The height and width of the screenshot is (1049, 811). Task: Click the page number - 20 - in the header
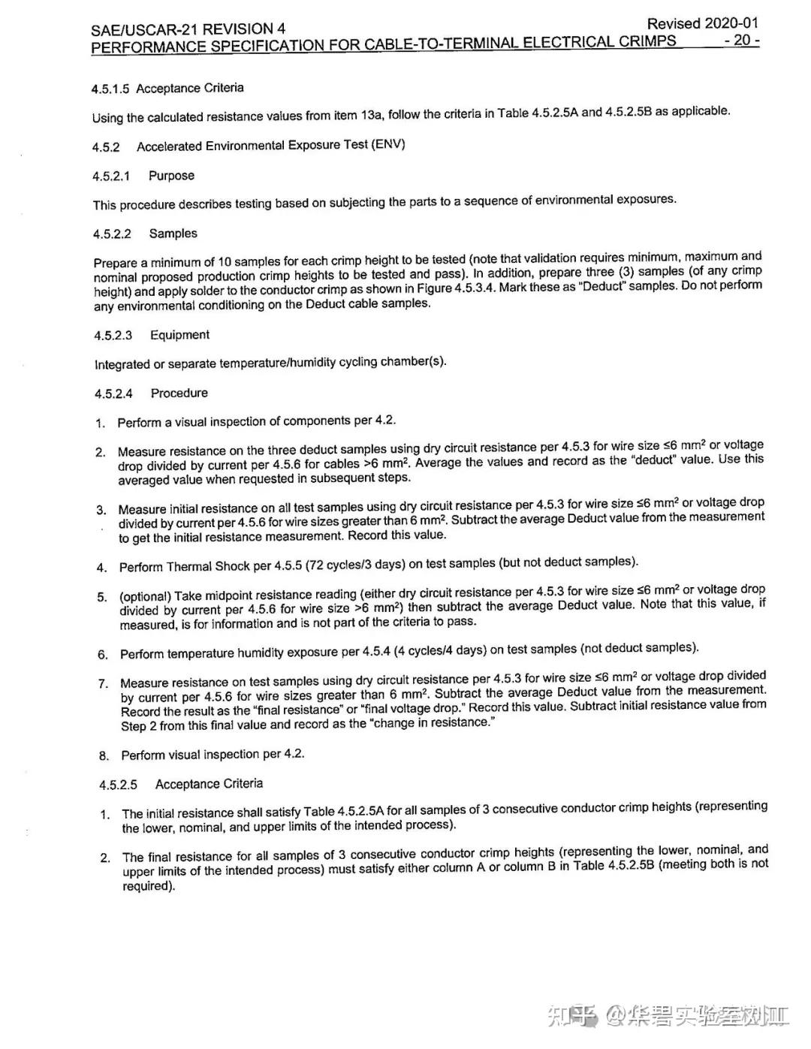[741, 41]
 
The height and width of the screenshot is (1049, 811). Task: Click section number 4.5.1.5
[110, 89]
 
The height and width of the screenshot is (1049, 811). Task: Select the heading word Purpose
[171, 176]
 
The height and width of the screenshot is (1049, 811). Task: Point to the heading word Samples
[173, 234]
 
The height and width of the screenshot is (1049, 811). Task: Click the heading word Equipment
[179, 335]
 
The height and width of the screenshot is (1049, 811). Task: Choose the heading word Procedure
[179, 393]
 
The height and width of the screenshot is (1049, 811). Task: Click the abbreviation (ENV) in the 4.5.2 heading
[387, 144]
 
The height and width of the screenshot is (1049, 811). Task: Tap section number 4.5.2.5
[118, 785]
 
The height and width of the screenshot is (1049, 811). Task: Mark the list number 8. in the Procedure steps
[104, 755]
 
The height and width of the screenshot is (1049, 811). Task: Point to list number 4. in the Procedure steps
[101, 568]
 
